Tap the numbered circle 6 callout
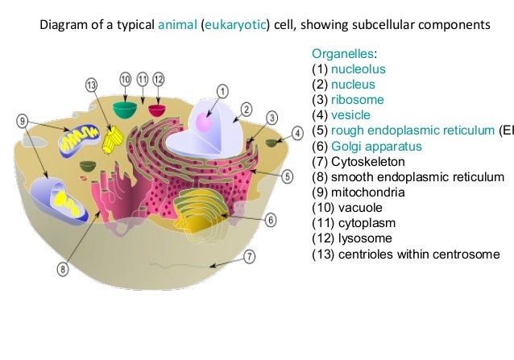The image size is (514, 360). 271,219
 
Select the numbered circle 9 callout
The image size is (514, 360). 23,121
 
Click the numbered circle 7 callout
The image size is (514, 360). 249,257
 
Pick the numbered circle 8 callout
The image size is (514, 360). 62,269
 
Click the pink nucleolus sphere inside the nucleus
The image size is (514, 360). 204,125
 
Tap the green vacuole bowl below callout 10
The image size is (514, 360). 125,107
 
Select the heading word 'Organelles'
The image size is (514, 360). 342,54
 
